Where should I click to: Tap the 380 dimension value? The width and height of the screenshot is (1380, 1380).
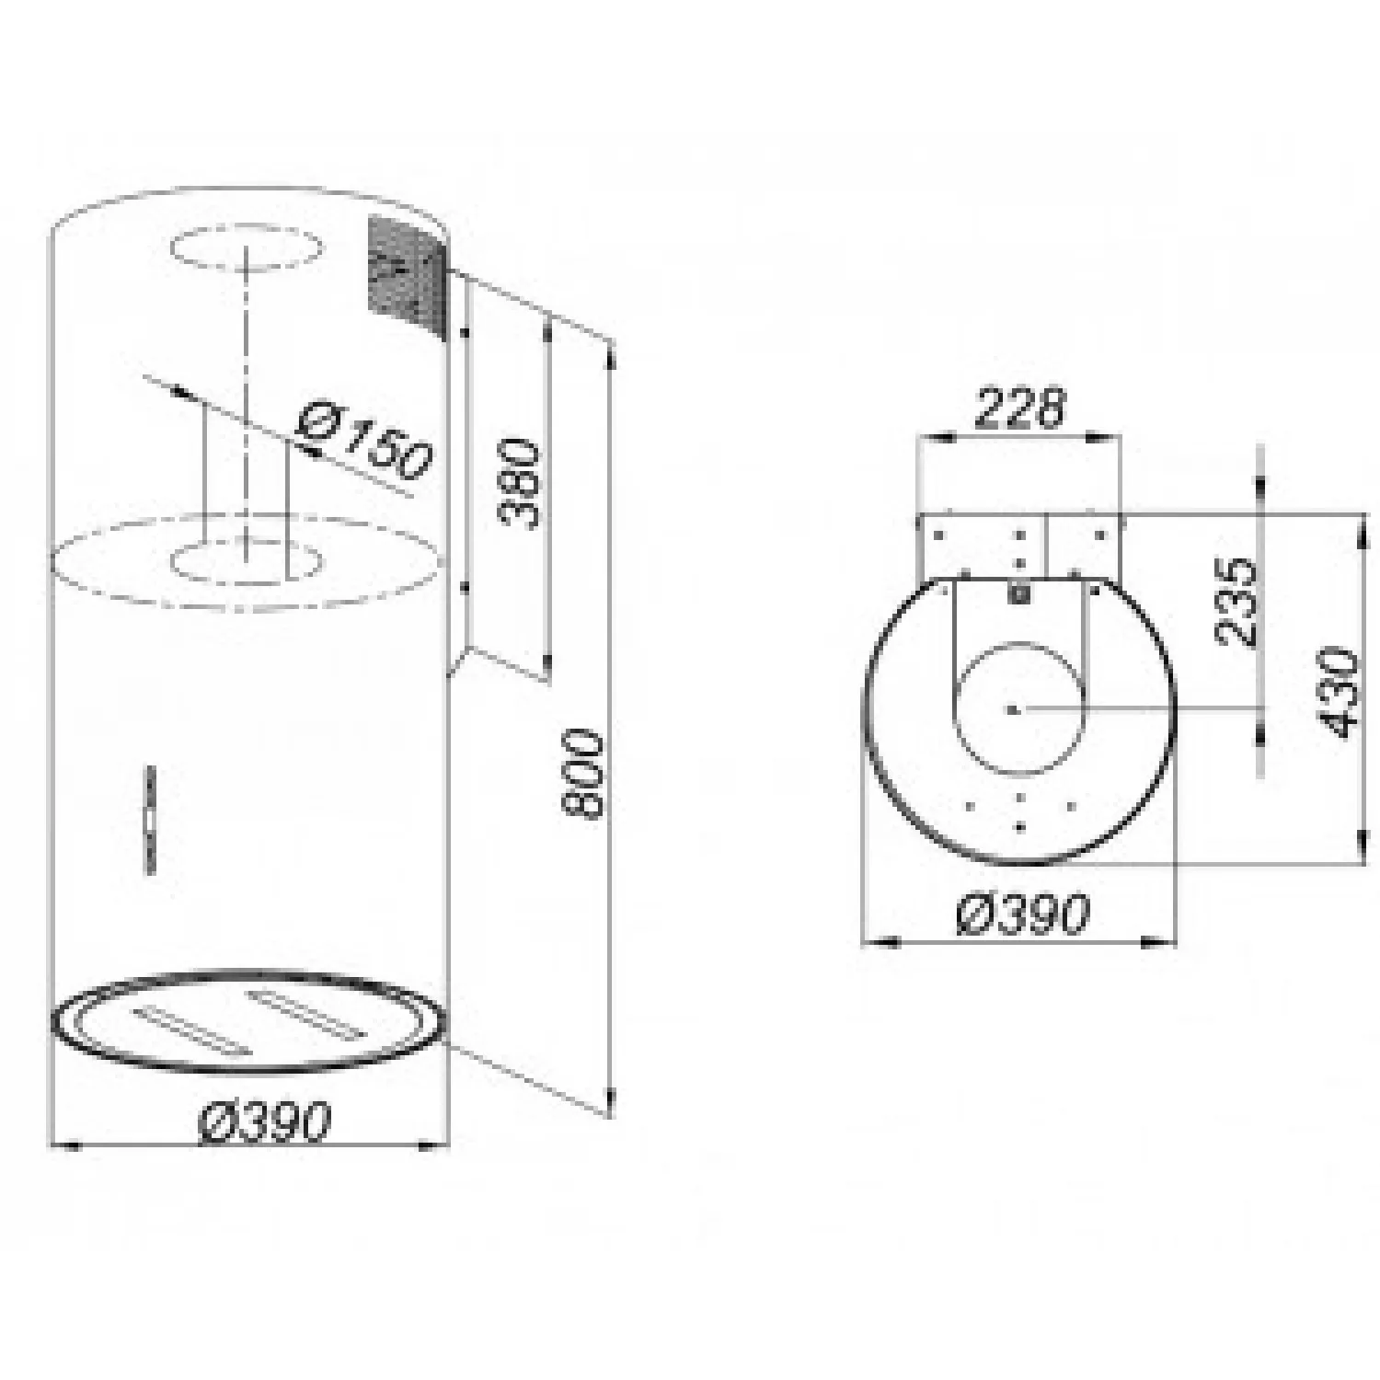coord(519,483)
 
